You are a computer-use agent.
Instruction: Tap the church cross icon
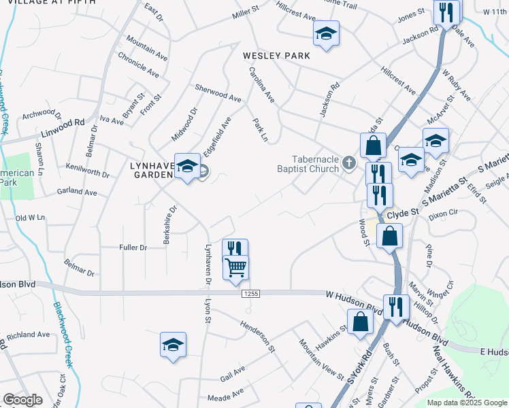click(349, 162)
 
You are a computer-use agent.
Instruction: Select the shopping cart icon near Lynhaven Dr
click(235, 267)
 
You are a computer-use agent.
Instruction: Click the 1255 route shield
click(249, 292)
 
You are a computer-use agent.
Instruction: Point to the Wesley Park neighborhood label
click(276, 56)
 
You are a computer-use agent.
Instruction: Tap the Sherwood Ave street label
click(218, 93)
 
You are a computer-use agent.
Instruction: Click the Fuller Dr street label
click(133, 248)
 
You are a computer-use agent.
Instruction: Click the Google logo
click(22, 400)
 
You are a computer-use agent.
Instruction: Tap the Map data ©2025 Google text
click(466, 403)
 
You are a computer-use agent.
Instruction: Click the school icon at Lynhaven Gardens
click(187, 167)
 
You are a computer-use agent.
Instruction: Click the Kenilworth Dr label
click(88, 170)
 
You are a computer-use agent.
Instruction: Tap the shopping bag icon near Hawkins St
click(360, 321)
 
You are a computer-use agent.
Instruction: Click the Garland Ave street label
click(77, 192)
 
